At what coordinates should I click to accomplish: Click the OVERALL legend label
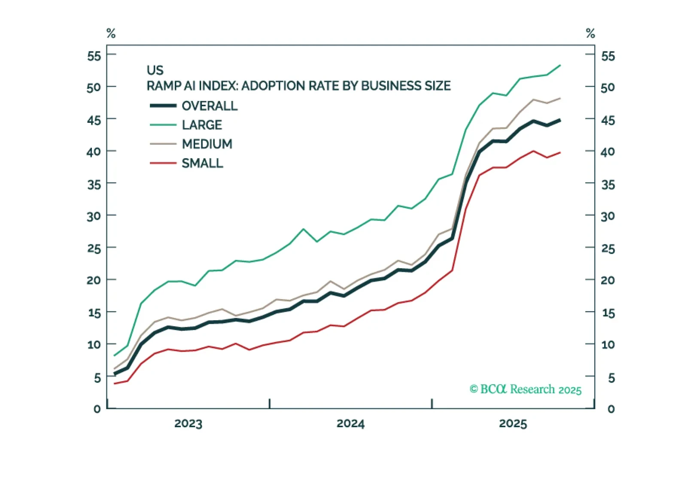coord(210,106)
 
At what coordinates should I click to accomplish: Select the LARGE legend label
coord(202,125)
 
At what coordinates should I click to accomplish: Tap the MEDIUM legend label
coord(207,144)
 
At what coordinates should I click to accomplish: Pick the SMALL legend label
coord(202,164)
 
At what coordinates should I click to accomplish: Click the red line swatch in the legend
coord(163,163)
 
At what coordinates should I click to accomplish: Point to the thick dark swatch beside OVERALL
coord(163,106)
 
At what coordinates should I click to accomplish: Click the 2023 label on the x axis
coord(188,424)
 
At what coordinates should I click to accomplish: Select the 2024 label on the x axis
coord(350,424)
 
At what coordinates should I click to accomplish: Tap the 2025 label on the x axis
coord(513,424)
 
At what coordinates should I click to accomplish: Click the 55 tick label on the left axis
coord(94,56)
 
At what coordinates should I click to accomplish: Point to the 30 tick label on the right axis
coord(608,216)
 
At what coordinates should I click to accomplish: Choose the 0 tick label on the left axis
coord(97,409)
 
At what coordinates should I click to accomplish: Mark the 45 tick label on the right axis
coord(608,120)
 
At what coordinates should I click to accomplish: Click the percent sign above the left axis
coord(111,33)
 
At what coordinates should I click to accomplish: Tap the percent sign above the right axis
coord(590,33)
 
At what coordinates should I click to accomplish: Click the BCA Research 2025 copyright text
coord(526,389)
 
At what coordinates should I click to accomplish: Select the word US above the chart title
coord(155,70)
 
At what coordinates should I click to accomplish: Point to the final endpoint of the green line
coord(560,66)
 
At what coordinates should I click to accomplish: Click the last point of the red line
coord(560,153)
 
